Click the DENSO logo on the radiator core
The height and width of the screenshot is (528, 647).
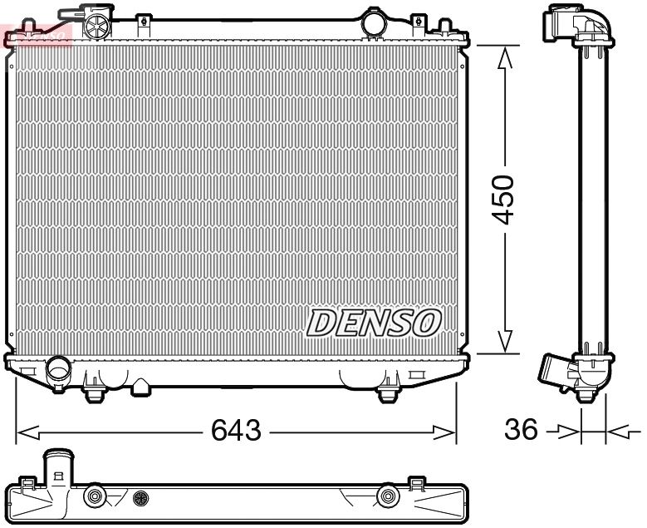pos(374,321)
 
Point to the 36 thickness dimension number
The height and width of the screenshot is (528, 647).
pos(521,431)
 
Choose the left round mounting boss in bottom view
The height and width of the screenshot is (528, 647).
pos(95,497)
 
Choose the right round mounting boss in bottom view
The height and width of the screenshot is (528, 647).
pos(385,497)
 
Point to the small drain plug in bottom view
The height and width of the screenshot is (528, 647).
pos(140,498)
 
